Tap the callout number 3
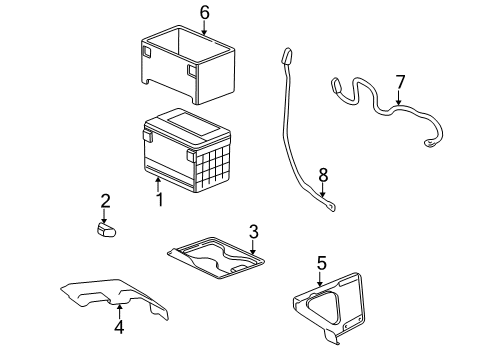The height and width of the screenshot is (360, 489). (x=254, y=232)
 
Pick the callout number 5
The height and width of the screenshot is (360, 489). (x=321, y=263)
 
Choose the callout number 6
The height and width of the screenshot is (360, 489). (x=204, y=13)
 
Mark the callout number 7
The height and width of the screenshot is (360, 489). (x=399, y=81)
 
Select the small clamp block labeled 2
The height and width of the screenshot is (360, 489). (x=106, y=230)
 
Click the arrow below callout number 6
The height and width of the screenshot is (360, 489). (x=204, y=28)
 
